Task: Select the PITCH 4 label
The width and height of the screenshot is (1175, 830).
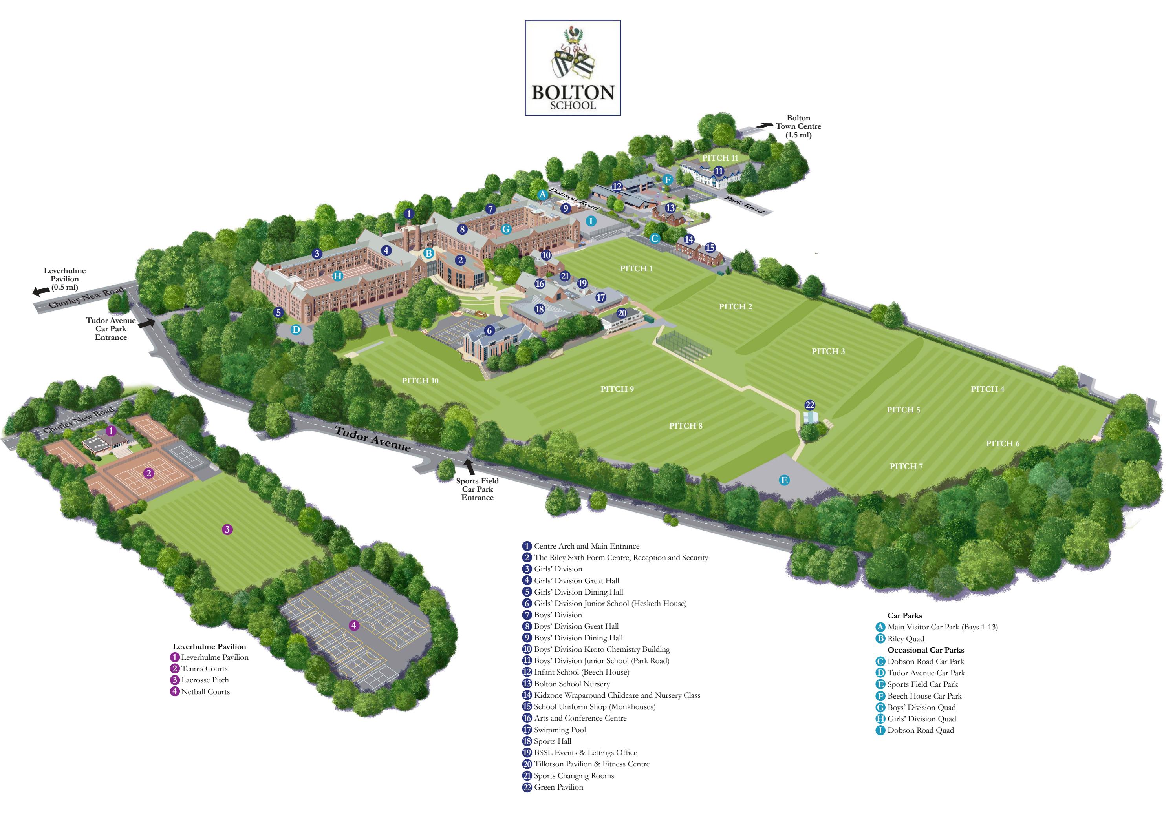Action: [x=987, y=389]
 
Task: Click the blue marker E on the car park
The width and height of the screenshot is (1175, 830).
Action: [x=784, y=480]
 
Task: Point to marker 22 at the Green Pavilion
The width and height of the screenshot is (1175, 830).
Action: [x=810, y=405]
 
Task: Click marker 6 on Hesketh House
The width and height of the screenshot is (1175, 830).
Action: [x=489, y=331]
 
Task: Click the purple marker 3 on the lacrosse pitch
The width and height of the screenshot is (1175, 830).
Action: [x=227, y=529]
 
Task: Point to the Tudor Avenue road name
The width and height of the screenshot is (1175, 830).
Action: [x=373, y=439]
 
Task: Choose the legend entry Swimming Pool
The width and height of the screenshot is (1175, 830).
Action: [x=559, y=730]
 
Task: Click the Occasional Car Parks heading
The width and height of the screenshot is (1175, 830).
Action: [x=926, y=650]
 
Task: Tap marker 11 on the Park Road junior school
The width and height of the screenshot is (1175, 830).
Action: [x=719, y=171]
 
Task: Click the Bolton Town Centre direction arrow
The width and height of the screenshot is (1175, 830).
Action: [x=765, y=125]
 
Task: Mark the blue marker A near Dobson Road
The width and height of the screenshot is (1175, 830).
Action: [x=542, y=194]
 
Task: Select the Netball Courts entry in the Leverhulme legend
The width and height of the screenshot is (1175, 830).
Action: [x=205, y=692]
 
